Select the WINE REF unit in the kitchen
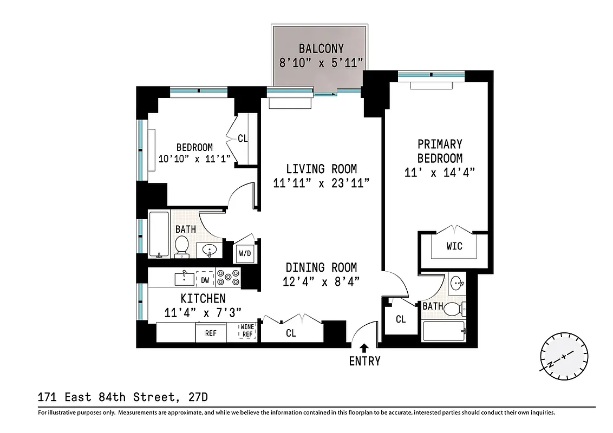247,331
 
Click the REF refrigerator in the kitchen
211,333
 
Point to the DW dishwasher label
205,280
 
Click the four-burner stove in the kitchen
228,278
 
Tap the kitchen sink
184,278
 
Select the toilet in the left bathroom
181,245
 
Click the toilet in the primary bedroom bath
460,309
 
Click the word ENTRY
364,361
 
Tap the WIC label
454,246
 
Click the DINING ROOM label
321,267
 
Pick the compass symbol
564,357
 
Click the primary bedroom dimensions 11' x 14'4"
440,173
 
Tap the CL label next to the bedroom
243,139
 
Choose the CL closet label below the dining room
291,333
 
